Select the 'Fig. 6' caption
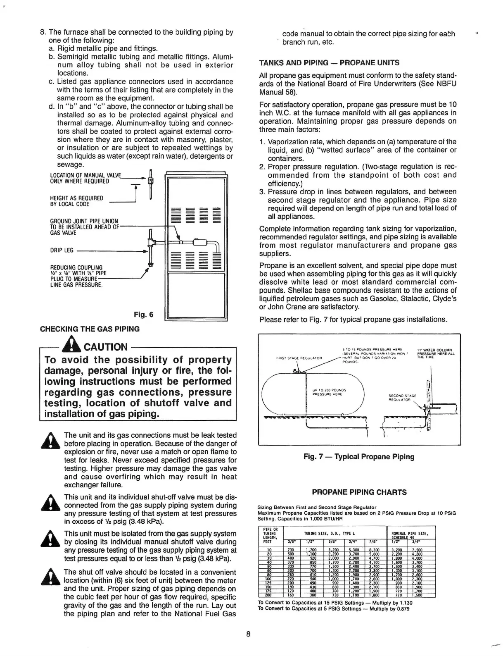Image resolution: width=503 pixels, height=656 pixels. click(x=144, y=315)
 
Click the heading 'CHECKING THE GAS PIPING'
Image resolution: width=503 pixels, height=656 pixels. click(x=90, y=329)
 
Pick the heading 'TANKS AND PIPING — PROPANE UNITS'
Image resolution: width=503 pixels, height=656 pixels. click(x=329, y=63)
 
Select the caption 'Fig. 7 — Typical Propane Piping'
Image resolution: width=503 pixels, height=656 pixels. click(x=358, y=456)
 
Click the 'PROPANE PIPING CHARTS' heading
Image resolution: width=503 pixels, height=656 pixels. click(x=359, y=492)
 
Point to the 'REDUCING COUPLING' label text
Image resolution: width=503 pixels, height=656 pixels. click(x=76, y=267)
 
